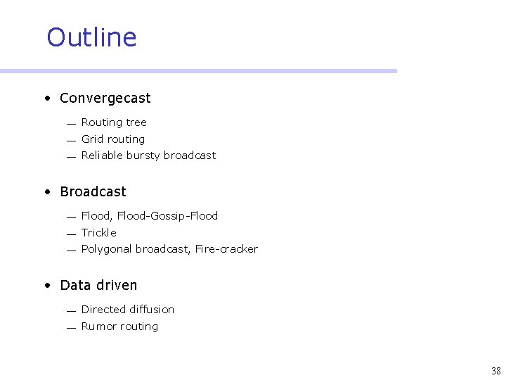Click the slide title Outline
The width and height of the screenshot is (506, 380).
pos(91,37)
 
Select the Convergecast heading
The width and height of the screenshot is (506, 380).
pos(105,99)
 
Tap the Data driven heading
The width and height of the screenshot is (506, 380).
pos(98,285)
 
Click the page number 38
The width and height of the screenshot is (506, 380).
pos(495,371)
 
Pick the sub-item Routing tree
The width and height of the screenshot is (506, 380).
pos(114,122)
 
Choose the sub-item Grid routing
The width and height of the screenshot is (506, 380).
pos(113,139)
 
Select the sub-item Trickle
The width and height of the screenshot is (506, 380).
pos(98,233)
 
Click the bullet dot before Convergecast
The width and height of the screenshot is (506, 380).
pos(46,99)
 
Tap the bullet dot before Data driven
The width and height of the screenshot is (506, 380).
pos(46,286)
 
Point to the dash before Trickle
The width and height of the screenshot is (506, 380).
pos(71,234)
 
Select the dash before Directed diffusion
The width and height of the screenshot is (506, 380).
pos(71,311)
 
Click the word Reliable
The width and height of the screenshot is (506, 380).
pos(102,156)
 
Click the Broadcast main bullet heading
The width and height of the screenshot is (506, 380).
pos(93,192)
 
